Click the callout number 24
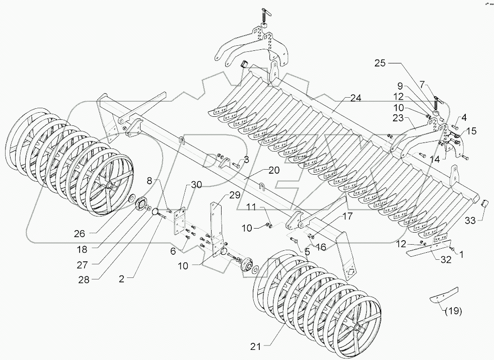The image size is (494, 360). pyautogui.click(x=356, y=97)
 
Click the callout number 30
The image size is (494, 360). pyautogui.click(x=197, y=184)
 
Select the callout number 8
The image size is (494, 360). pyautogui.click(x=150, y=180)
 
